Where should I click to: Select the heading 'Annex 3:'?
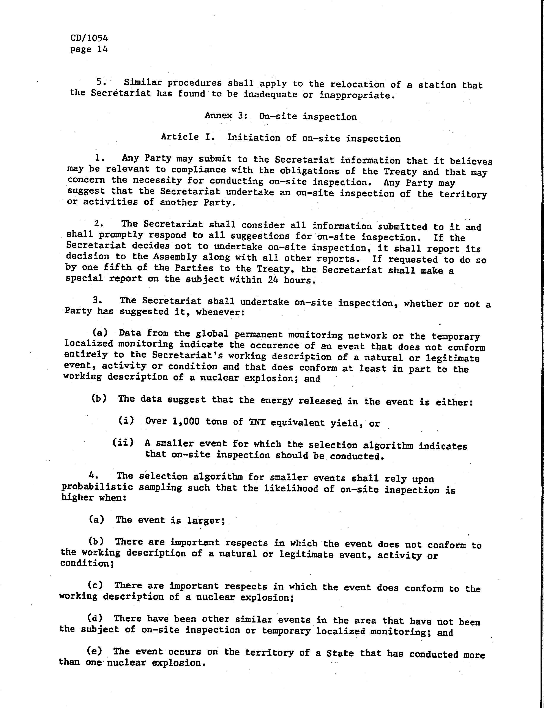click(x=226, y=116)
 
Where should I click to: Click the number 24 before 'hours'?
click(x=273, y=280)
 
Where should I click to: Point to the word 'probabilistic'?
click(x=97, y=487)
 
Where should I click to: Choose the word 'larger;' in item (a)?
click(x=206, y=520)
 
